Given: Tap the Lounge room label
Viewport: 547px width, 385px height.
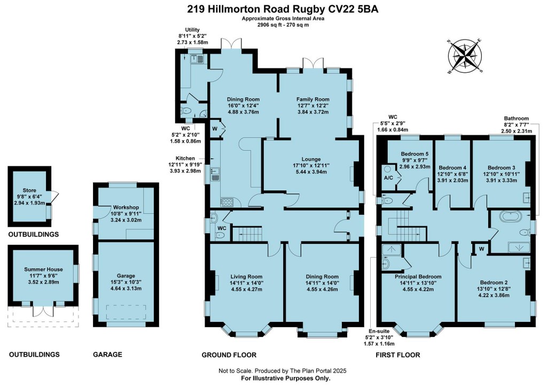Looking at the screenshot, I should (x=311, y=159).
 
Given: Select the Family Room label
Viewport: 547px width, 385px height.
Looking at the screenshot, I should (x=313, y=99).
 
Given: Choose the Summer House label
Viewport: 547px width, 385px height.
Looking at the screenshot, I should (x=43, y=269).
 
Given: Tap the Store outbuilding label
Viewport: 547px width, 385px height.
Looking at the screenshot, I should (x=29, y=189).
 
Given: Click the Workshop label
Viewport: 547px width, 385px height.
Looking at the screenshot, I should (x=126, y=207).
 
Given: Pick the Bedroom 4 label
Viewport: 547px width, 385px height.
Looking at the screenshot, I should (x=452, y=167).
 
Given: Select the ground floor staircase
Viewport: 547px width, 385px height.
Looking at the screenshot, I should (x=247, y=234).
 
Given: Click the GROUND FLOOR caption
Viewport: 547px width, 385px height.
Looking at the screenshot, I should (x=229, y=355).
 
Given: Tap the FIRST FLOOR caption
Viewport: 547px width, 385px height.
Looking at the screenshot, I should (x=397, y=355).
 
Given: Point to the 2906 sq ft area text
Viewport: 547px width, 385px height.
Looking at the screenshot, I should (x=270, y=25).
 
